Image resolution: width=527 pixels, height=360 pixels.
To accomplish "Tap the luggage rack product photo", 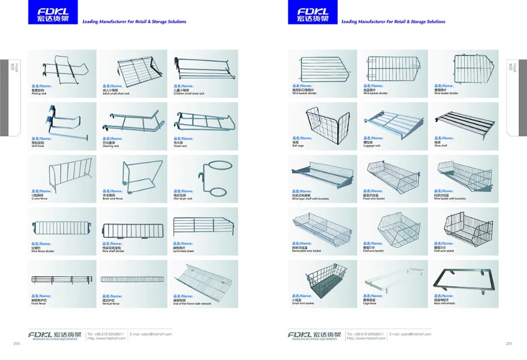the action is (x=393, y=123).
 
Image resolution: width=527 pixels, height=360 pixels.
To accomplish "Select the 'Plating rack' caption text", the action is (x=40, y=93).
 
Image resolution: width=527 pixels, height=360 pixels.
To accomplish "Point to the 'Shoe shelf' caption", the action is (x=441, y=146).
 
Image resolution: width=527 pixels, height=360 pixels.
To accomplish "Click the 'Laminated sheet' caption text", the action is (x=183, y=251).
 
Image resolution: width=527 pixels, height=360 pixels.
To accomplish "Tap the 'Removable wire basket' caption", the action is (x=306, y=251).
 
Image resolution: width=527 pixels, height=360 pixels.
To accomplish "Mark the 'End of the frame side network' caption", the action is (x=192, y=304).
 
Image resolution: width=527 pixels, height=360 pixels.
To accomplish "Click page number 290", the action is (x=16, y=344).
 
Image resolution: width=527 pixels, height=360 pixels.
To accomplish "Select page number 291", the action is (x=509, y=344).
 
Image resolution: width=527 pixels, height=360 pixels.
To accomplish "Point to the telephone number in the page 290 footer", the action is (x=106, y=334).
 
